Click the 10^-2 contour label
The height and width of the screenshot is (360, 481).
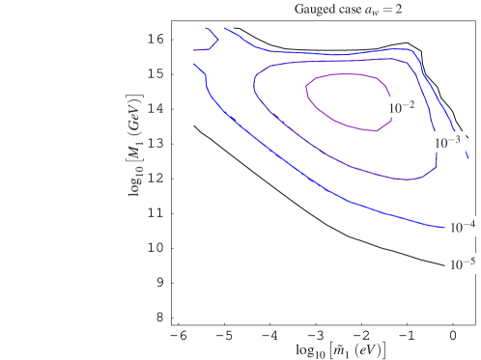coord(401,108)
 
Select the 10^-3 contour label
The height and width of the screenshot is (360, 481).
coord(448,142)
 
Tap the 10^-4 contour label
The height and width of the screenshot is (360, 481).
coord(462,228)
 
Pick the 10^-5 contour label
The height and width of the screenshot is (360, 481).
coord(461,263)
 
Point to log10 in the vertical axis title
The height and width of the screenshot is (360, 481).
coord(135,179)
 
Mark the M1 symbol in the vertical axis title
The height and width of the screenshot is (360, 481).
coord(135,146)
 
